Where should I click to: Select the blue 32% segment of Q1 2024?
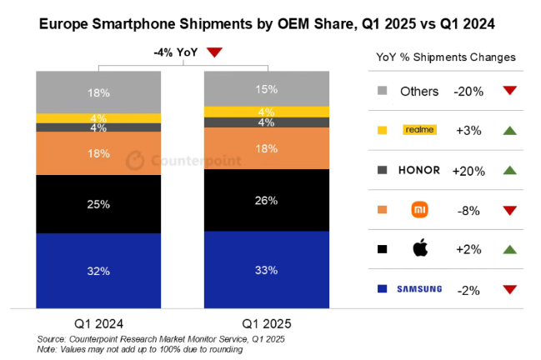coord(98,270)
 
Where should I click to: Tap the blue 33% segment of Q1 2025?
coord(267,269)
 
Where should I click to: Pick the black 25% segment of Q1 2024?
coord(98,204)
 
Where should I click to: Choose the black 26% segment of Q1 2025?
coord(267,200)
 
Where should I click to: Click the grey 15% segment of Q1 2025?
coord(267,89)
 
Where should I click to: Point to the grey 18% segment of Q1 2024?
coord(98,92)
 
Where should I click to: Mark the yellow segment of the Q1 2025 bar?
coord(267,112)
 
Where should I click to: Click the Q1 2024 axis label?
coord(98,323)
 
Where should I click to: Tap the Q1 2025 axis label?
coord(267,323)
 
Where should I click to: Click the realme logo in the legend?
coord(419,129)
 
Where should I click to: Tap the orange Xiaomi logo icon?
coord(419,209)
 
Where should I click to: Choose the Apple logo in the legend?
coord(419,248)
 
